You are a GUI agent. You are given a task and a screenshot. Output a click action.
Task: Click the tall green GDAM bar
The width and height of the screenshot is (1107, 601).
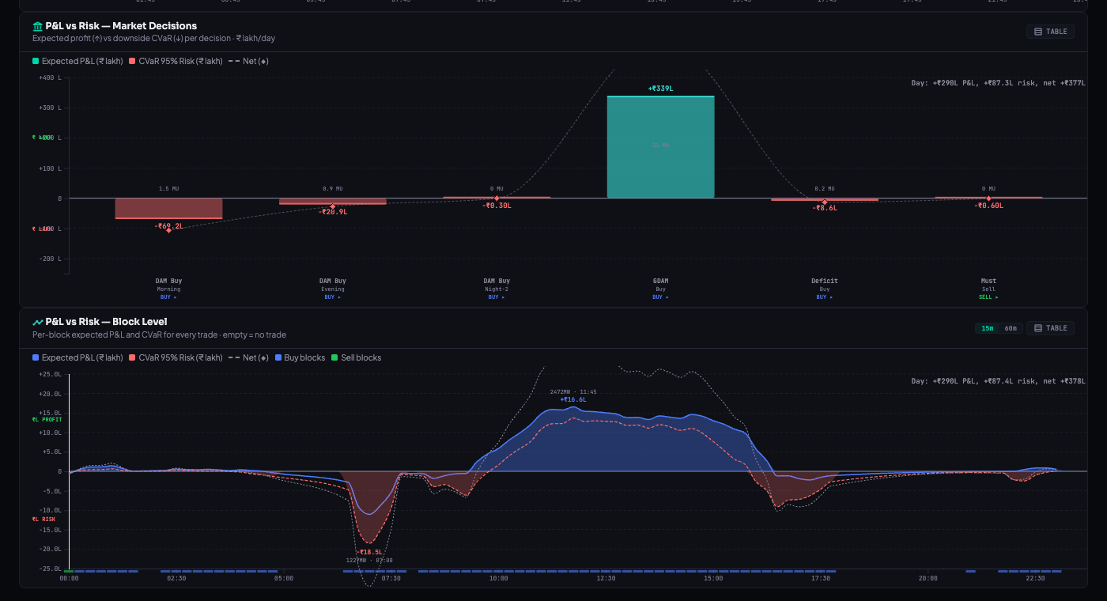pos(660,147)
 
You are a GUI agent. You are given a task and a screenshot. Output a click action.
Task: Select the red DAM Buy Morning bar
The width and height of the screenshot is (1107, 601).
pos(168,208)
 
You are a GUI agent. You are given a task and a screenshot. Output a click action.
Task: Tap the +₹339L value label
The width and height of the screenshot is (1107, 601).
pos(660,89)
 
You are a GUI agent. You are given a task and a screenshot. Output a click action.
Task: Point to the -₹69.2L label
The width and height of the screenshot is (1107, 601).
pos(168,226)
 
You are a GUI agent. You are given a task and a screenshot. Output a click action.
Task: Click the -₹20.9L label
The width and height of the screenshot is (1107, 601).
pos(333,212)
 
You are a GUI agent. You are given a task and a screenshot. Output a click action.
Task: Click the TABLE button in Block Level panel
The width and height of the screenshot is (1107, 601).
pos(1050,328)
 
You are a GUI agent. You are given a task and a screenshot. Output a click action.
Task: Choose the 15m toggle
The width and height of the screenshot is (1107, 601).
pos(988,328)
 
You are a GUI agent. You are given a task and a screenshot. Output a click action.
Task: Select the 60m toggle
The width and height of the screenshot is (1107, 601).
pos(1011,328)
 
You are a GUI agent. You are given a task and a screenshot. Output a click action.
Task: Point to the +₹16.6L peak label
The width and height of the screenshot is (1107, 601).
pos(573,399)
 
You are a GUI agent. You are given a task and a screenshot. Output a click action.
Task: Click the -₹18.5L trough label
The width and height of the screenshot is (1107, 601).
pos(369,552)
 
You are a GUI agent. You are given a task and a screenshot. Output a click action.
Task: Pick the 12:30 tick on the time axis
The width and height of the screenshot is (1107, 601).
pos(606,579)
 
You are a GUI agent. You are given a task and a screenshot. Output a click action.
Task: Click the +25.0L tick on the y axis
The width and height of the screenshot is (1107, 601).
pos(50,374)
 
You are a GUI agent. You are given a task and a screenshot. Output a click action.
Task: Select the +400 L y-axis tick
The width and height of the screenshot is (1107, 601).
pos(50,77)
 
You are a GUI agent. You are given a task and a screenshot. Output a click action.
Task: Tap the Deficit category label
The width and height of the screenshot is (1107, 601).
pos(824,281)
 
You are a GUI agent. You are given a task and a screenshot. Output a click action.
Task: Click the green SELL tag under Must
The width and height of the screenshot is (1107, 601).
pos(988,297)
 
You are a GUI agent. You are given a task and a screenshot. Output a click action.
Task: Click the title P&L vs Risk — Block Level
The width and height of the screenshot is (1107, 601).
pos(106,322)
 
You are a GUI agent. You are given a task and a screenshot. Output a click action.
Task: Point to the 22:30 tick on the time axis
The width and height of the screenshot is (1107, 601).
pos(1035,579)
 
